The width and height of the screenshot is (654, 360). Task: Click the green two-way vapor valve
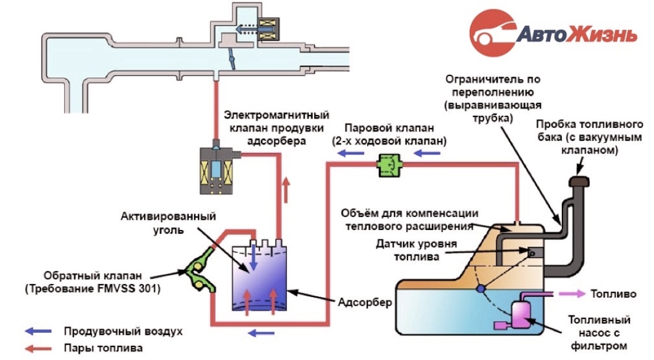tap(389, 165)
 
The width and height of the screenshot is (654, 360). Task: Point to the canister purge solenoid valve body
tap(216, 170)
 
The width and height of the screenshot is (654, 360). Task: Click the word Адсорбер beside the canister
tap(365, 302)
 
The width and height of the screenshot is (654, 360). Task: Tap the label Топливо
tap(613, 294)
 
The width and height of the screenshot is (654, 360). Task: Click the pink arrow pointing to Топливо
tap(572, 294)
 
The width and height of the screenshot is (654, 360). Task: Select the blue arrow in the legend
tap(38, 331)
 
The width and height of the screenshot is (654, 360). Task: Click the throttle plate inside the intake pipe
tap(231, 58)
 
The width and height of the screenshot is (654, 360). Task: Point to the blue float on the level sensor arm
tap(481, 288)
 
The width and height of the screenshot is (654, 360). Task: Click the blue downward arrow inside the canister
tap(253, 258)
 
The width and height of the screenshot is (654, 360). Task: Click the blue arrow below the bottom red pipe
tap(261, 333)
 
